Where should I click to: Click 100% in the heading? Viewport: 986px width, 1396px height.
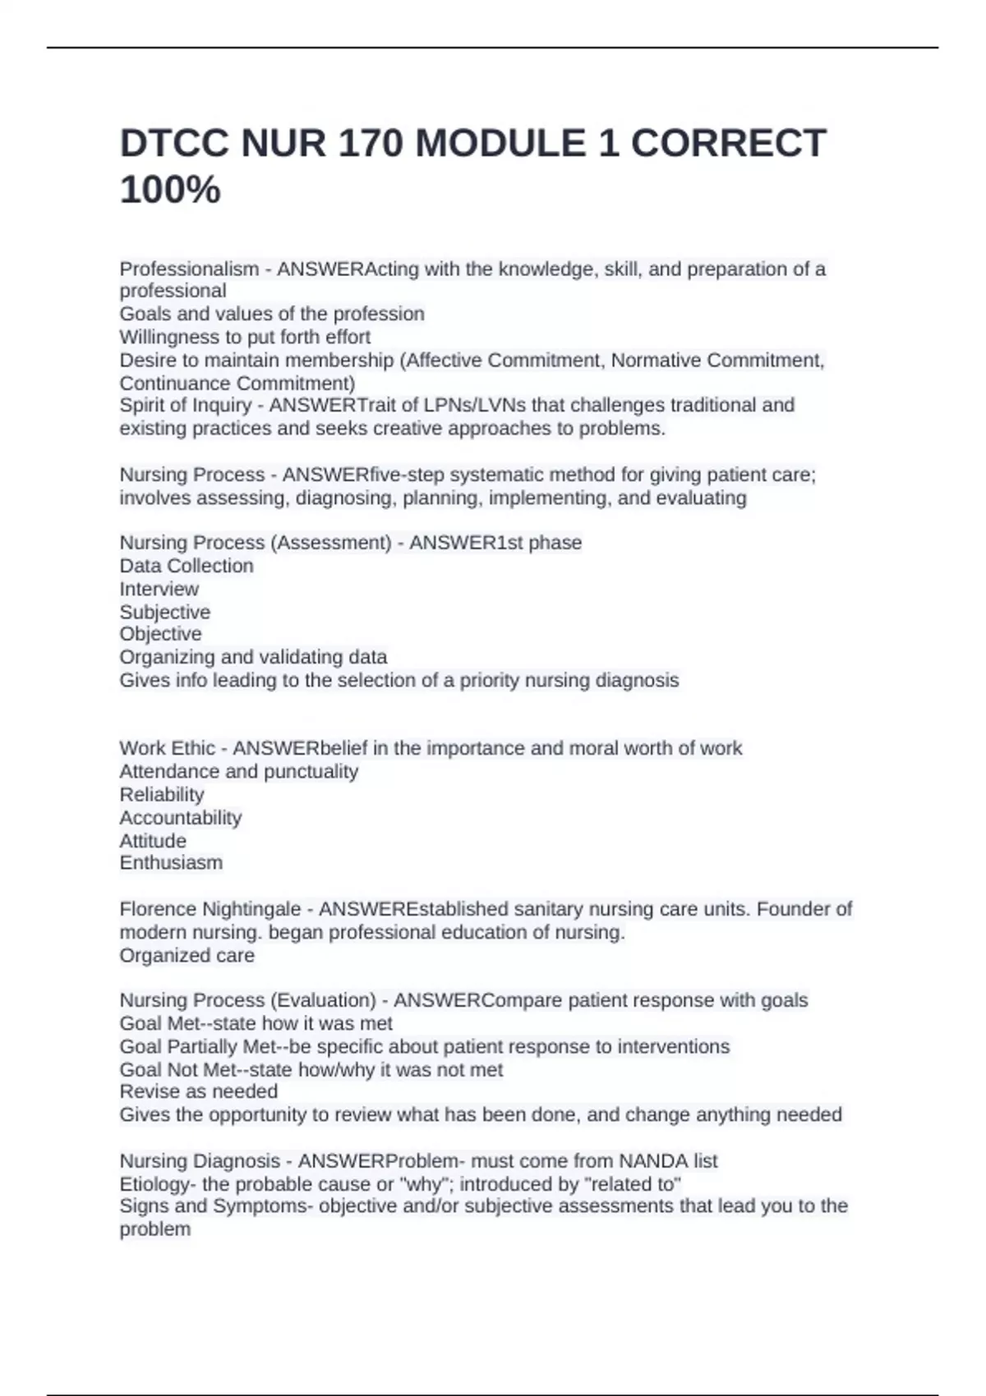click(170, 191)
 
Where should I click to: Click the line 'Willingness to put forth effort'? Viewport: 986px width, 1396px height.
click(245, 338)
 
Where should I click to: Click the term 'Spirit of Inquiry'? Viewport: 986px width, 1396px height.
click(186, 406)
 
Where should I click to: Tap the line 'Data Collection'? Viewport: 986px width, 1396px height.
click(187, 566)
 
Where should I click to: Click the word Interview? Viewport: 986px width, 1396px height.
click(159, 589)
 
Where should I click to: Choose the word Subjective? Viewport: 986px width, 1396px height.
click(164, 612)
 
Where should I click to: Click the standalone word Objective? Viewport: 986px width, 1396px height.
click(160, 634)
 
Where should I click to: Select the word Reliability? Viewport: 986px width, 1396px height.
click(162, 795)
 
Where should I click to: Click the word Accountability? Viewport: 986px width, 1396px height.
click(181, 818)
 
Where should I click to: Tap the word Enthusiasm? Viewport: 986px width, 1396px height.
click(171, 863)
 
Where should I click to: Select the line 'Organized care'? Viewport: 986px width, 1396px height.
click(187, 956)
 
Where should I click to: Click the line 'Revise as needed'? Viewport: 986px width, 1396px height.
click(198, 1091)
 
